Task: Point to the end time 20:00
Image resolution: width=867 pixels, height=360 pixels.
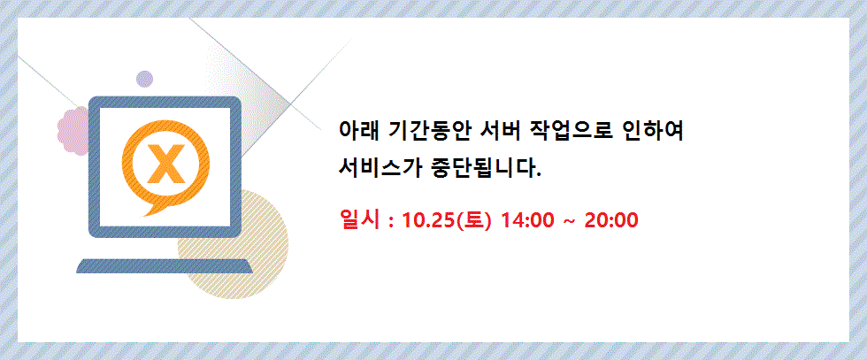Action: click(611, 218)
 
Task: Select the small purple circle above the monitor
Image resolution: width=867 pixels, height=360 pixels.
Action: click(145, 78)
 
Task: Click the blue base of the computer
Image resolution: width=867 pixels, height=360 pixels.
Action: click(165, 265)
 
